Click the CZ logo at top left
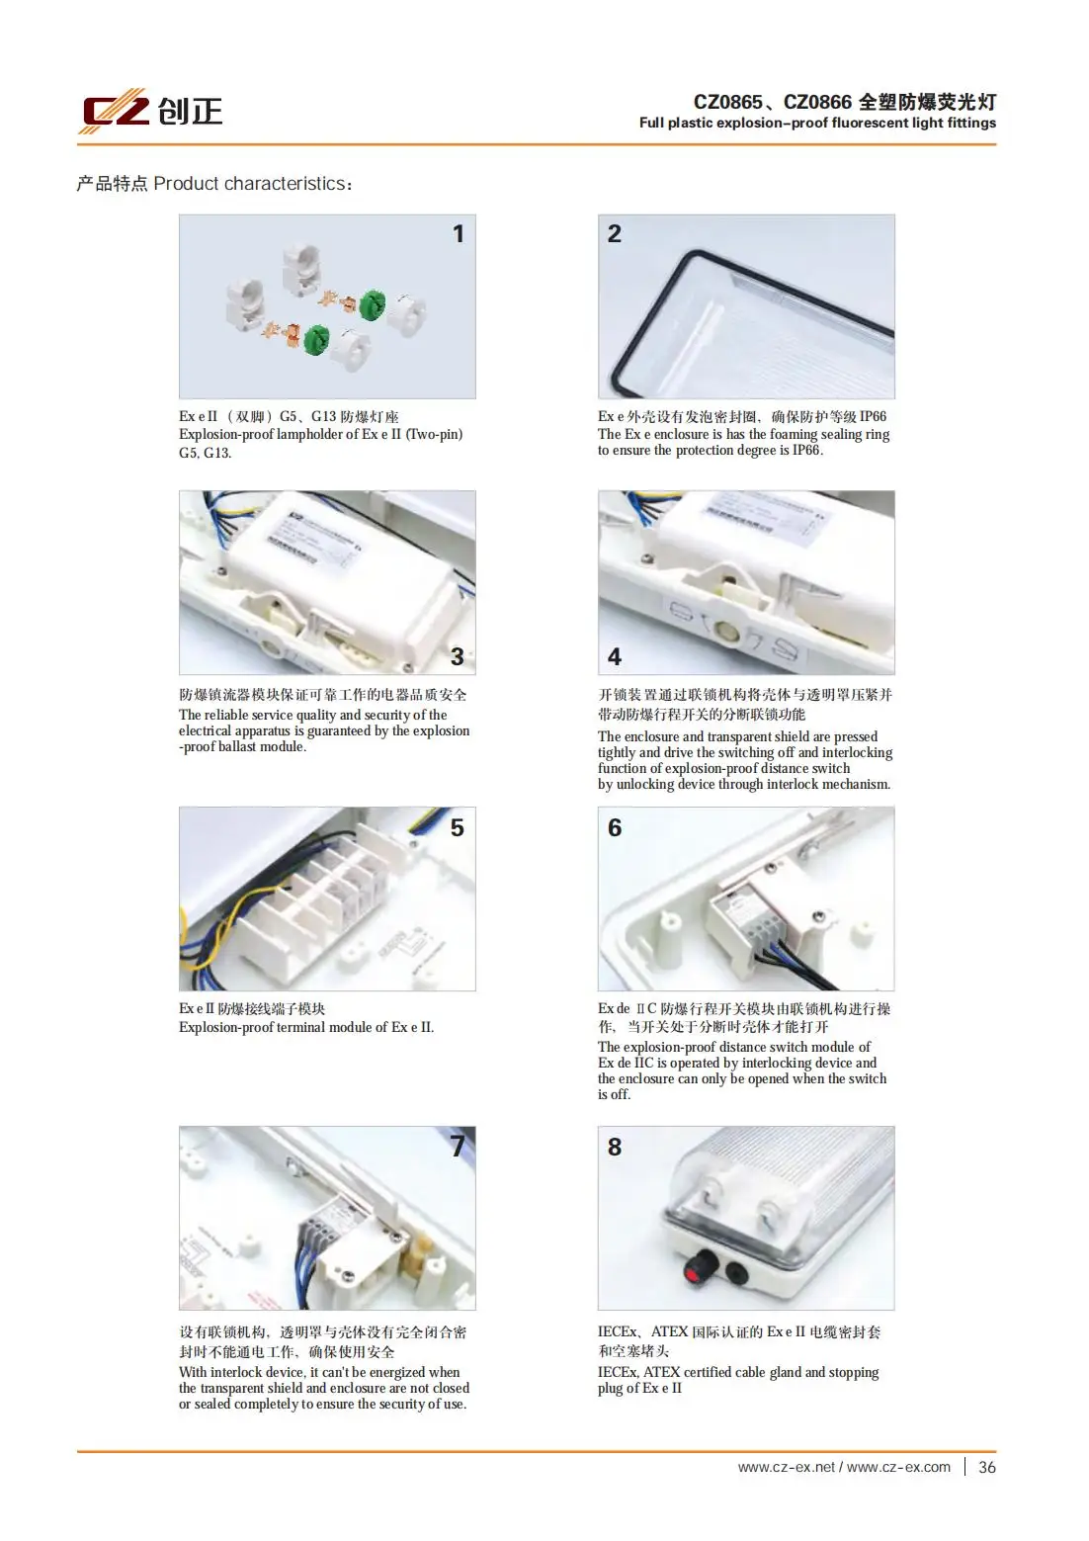(x=114, y=111)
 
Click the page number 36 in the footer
(x=986, y=1467)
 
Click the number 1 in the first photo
(x=458, y=234)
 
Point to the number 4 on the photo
(x=614, y=656)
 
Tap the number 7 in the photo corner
(x=457, y=1146)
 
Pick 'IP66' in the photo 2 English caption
(x=805, y=450)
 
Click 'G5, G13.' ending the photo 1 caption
(x=205, y=453)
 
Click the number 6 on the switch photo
(x=614, y=827)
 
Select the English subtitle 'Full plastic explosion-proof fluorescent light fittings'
(x=817, y=123)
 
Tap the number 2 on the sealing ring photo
(x=614, y=234)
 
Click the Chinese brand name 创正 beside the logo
(x=191, y=111)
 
